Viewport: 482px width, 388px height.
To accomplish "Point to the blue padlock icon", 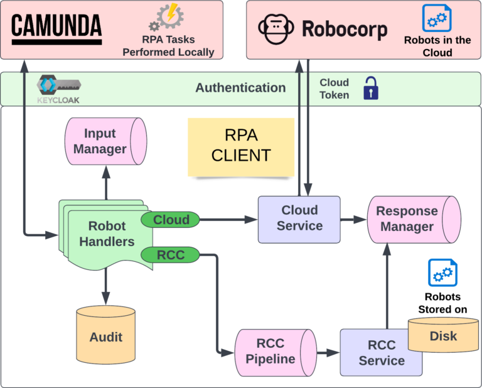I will coord(372,89).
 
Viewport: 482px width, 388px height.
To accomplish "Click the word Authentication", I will coord(240,88).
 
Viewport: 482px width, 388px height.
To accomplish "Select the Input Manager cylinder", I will coord(105,141).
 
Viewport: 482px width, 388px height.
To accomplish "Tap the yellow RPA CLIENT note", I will coord(241,146).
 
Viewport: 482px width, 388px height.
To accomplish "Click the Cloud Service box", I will coord(299,218).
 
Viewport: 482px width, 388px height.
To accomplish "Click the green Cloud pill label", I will coord(171,220).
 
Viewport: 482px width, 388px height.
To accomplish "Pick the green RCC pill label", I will coord(170,255).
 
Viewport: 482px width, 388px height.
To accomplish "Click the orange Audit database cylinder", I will coord(105,331).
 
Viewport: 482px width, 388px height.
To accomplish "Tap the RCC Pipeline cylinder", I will coord(275,352).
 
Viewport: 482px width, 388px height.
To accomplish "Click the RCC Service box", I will coord(381,352).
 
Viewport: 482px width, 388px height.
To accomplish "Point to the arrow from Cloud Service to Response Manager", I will coord(353,220).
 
